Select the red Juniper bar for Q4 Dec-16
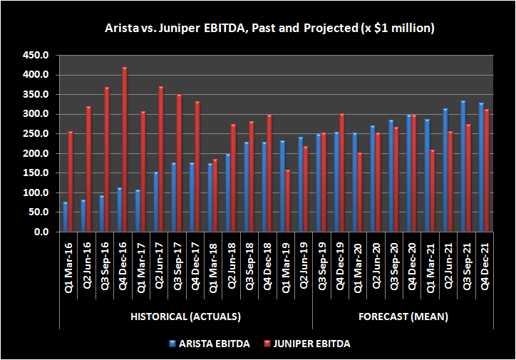125,150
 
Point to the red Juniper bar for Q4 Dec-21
487,171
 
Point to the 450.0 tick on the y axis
36,55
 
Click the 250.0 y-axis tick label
36,134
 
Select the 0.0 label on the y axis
40,232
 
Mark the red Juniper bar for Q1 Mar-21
432,191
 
